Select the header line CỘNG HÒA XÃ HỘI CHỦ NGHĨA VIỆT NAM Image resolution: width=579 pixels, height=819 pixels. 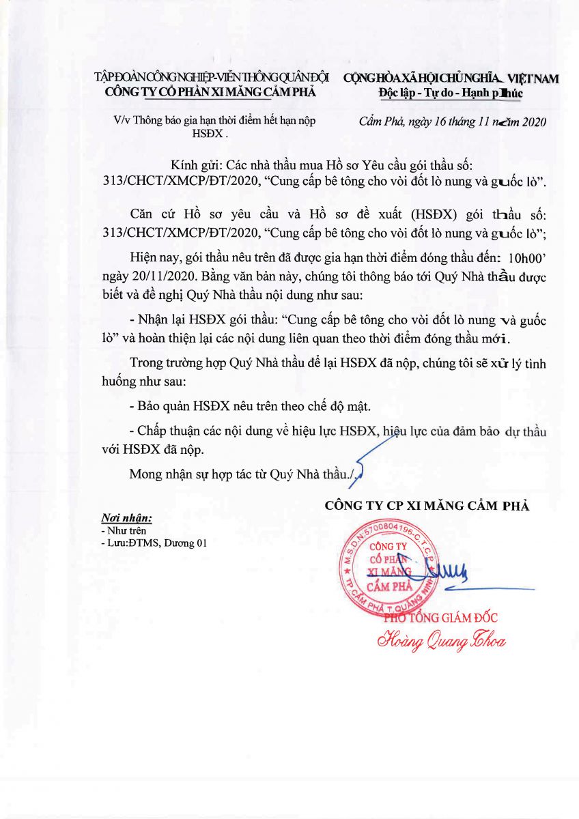451,78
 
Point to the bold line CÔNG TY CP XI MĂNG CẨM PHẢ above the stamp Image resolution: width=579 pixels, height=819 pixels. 427,506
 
